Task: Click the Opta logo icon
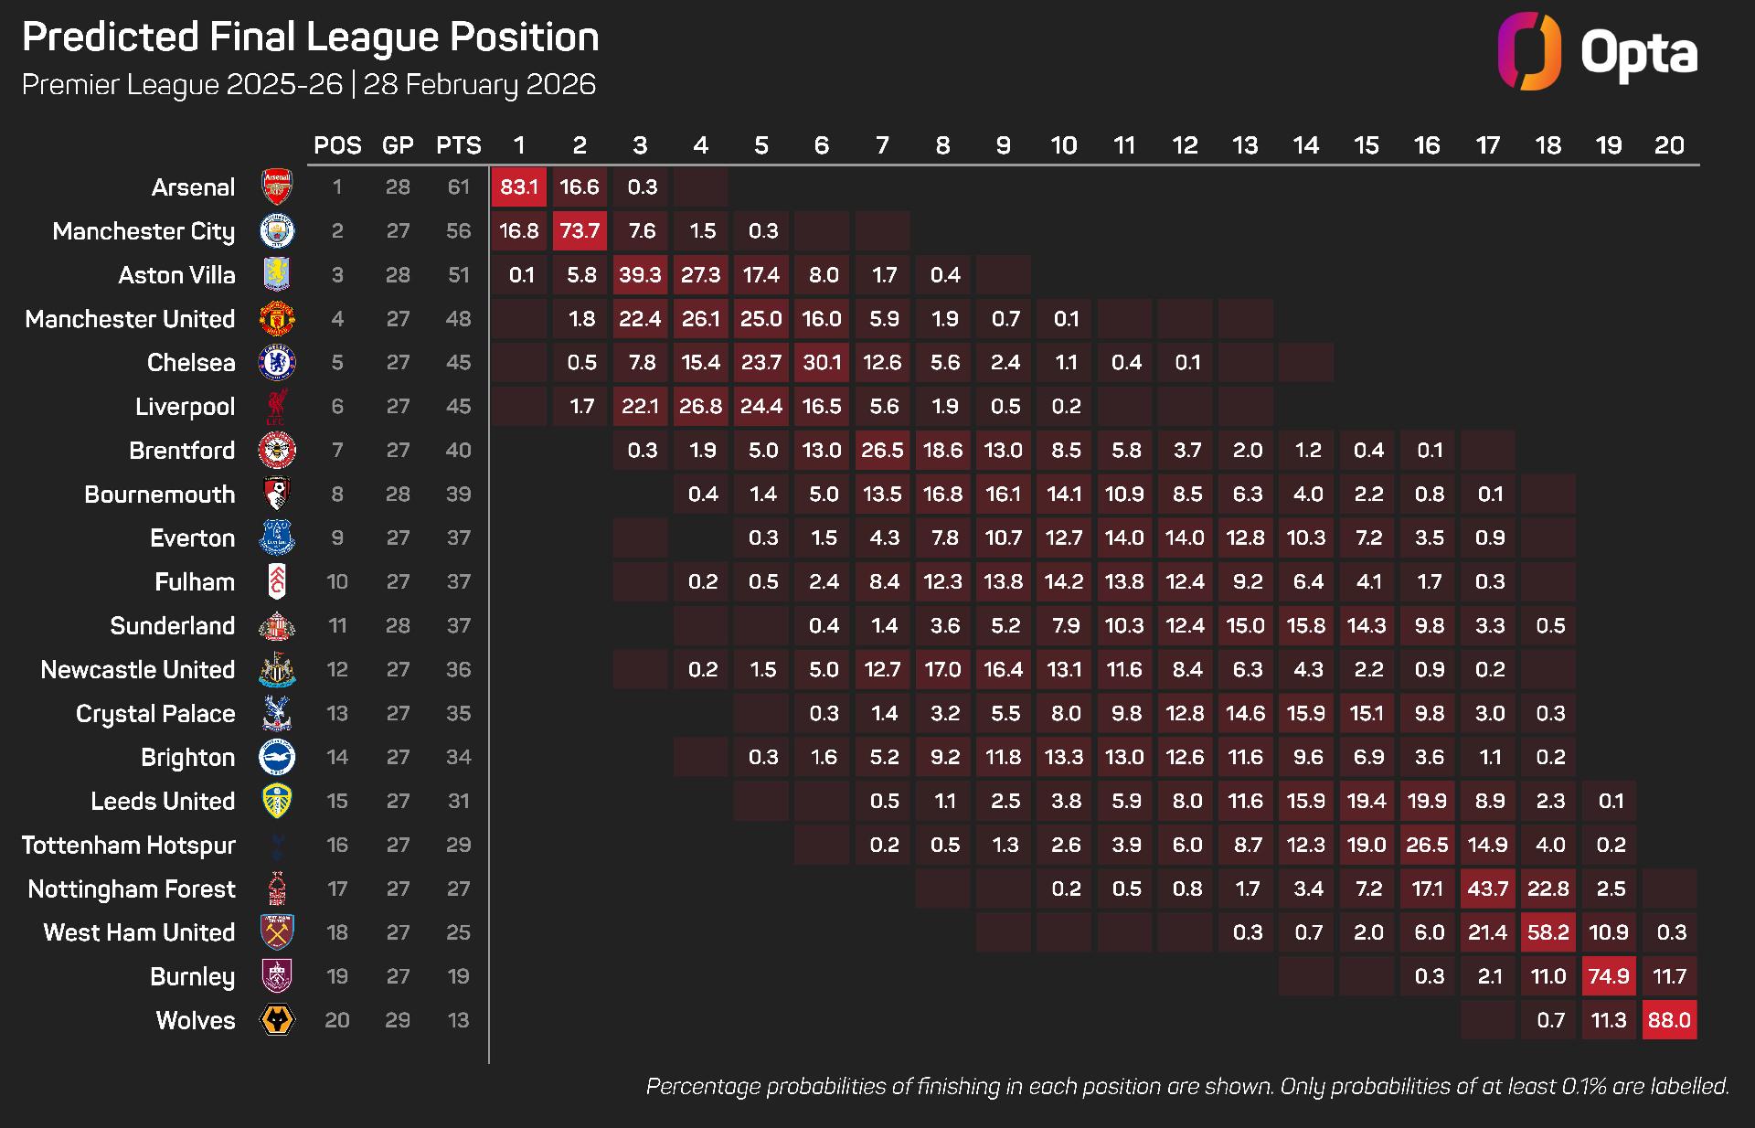point(1529,51)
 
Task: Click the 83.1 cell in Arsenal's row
point(519,187)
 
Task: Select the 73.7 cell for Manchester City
point(580,231)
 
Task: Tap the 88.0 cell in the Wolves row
point(1669,1021)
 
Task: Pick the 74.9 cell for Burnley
point(1609,977)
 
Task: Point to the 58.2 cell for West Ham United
point(1548,933)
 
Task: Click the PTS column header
point(459,145)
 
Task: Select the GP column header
point(398,145)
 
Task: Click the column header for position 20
point(1669,145)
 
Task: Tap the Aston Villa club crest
point(277,275)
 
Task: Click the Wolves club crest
point(277,1020)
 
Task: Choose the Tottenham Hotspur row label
point(129,846)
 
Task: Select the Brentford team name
point(182,451)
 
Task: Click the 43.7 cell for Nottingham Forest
point(1488,889)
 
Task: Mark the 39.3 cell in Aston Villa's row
point(640,275)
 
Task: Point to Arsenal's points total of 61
point(459,187)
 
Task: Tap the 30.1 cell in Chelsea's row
point(822,363)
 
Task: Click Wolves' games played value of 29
point(398,1020)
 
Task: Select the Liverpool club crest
point(277,407)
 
